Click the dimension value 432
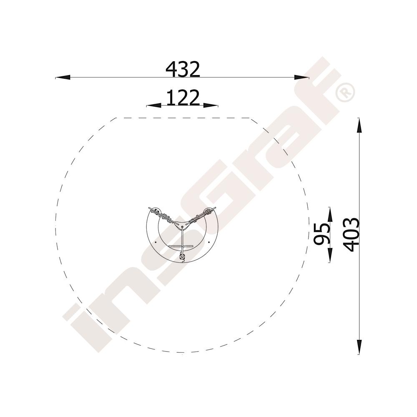pos(183,69)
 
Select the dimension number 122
pos(183,98)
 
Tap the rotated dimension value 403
pos(351,235)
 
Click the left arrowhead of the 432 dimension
pos(63,78)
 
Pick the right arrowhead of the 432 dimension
pos(302,78)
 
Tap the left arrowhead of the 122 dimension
pos(154,106)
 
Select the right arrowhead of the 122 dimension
pos(211,106)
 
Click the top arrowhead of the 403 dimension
pos(359,125)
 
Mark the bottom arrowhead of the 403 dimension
pos(359,347)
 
